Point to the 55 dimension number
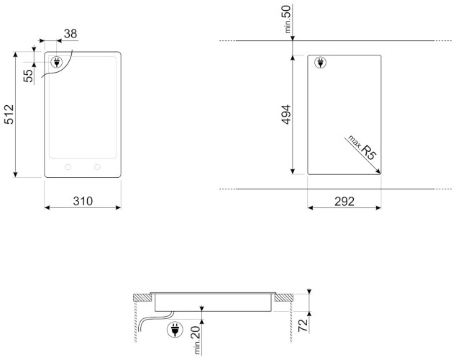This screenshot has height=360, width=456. (x=28, y=76)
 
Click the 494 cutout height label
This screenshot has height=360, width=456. (x=284, y=114)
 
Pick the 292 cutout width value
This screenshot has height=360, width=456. (x=344, y=201)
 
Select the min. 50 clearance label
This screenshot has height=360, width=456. (x=286, y=22)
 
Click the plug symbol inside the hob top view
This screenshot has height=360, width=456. (x=55, y=63)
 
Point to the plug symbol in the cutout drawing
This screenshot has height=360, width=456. (x=319, y=63)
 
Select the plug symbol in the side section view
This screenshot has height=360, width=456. (x=174, y=330)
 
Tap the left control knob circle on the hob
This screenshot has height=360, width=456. (x=68, y=166)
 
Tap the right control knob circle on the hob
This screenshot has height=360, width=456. (x=96, y=166)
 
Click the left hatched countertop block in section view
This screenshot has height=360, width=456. (x=142, y=297)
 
